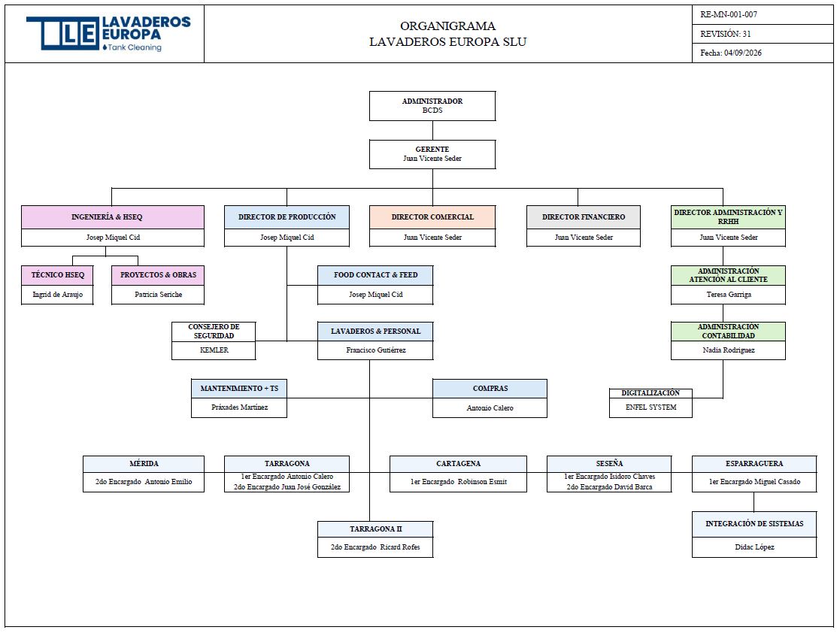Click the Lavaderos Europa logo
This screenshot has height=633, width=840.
tap(109, 33)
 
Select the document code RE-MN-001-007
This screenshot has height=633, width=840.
tap(729, 14)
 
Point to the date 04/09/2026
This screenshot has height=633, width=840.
tap(742, 53)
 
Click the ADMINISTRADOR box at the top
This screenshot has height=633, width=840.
tap(432, 105)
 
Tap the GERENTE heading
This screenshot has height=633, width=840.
tap(432, 150)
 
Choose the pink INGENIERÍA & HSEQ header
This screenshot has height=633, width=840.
tap(113, 217)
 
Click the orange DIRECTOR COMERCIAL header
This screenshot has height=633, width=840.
tap(432, 217)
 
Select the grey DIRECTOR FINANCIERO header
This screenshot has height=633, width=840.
tap(584, 217)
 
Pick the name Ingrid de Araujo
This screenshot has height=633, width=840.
tap(57, 295)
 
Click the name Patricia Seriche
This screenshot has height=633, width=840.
tap(158, 295)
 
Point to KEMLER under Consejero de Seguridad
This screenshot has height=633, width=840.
tap(214, 350)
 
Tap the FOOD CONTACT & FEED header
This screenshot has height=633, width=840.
tap(375, 274)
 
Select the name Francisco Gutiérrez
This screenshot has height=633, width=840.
tap(375, 350)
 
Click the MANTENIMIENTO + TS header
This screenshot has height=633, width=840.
tap(239, 388)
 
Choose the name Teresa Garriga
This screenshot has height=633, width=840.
tap(729, 295)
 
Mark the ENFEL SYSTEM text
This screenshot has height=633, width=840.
tap(651, 407)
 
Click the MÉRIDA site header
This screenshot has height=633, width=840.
tap(144, 464)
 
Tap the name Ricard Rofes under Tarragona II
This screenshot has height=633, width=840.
tap(399, 547)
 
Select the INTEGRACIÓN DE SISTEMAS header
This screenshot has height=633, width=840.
tap(754, 524)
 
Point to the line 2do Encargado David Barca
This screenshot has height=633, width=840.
tap(609, 487)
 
